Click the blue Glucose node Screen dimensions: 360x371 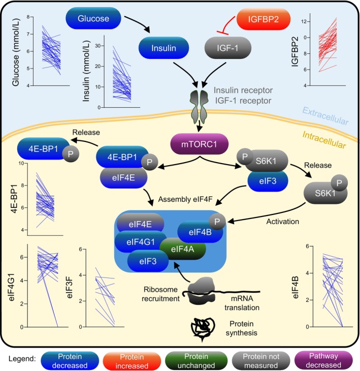93,18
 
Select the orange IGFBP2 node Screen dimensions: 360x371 264,19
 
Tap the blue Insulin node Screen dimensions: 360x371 163,48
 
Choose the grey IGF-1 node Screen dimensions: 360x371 227,48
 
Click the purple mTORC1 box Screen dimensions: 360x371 199,144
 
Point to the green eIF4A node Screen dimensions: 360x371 182,249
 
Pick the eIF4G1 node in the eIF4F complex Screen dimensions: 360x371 141,242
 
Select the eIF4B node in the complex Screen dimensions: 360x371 200,232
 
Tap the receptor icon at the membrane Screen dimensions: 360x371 199,107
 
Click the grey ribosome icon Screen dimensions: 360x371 202,291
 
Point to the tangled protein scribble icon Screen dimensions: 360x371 203,328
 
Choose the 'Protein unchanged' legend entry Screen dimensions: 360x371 196,361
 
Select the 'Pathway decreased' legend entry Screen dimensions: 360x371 323,360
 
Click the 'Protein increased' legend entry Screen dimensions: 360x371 132,361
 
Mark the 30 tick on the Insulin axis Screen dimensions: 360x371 98,46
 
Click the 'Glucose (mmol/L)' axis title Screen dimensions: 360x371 16,52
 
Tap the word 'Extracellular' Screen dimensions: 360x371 325,116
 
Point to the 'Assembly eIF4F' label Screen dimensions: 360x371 185,199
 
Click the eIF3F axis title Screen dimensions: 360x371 70,288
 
